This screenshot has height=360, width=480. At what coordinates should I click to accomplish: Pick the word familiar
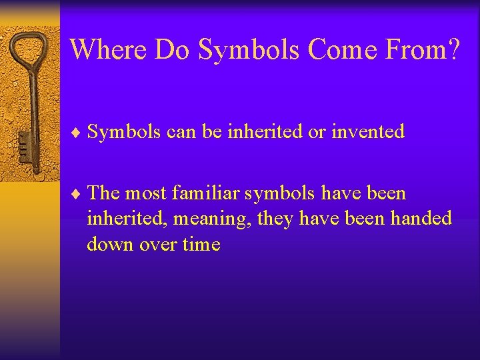(207, 193)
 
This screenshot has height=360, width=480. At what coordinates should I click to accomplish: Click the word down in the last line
(111, 244)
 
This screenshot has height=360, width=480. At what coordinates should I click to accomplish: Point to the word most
(146, 194)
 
